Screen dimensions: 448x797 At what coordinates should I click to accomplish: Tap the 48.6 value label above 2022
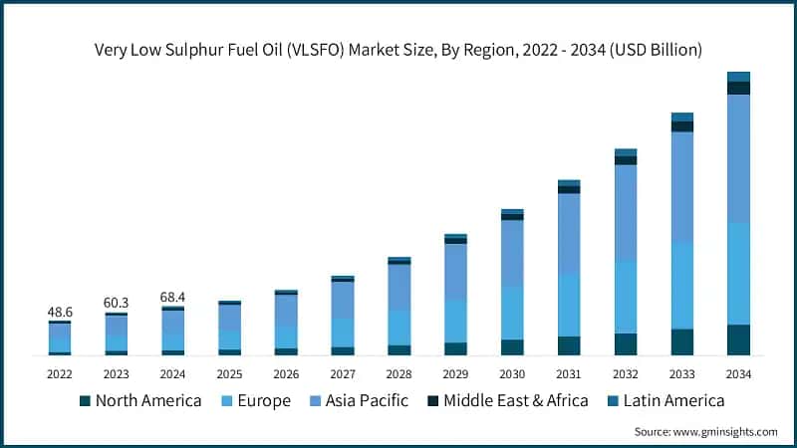tap(60, 312)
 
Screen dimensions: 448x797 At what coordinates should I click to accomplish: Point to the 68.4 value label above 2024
tap(173, 297)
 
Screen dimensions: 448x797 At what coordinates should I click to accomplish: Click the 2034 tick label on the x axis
tap(738, 373)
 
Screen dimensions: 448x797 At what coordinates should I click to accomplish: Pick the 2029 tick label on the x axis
tap(455, 373)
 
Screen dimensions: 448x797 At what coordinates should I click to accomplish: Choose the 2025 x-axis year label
tap(229, 373)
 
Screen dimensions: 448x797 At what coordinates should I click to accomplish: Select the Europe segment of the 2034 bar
tap(738, 273)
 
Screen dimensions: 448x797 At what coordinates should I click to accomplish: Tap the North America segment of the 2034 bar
tap(738, 339)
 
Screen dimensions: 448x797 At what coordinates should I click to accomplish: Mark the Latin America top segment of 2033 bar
tap(681, 117)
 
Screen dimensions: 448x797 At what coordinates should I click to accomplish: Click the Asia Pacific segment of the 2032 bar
tap(625, 212)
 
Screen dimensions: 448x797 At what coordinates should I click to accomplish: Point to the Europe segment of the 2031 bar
tap(569, 305)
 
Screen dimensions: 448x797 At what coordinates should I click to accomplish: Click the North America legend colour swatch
tap(86, 401)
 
